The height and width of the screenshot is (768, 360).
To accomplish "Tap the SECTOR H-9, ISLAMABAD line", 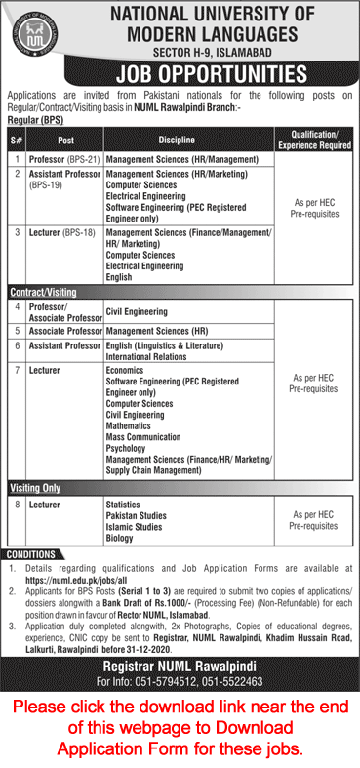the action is coord(216,52).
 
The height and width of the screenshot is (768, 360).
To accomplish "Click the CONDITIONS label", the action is coord(30,555).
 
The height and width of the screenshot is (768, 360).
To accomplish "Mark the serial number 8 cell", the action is coord(17,504).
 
